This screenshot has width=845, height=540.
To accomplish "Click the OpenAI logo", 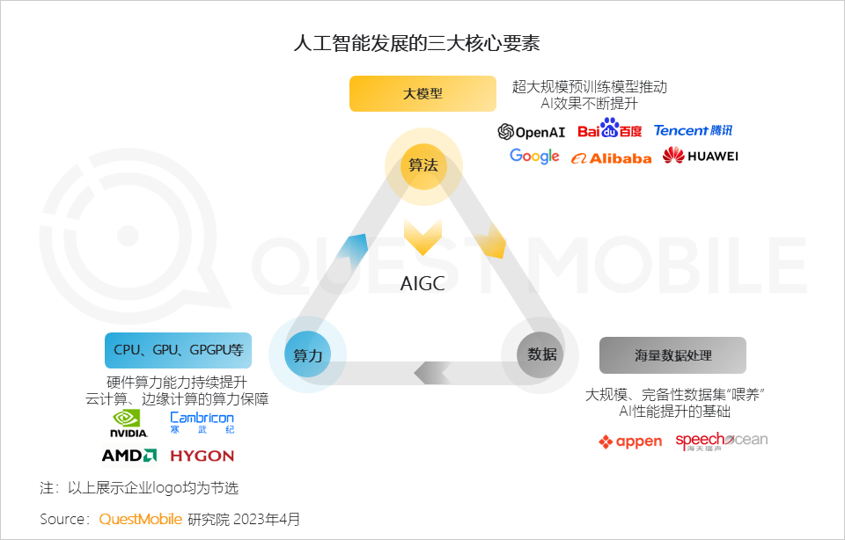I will (531, 132).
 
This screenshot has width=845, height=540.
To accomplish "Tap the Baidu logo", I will (610, 131).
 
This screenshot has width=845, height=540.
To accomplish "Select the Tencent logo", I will (693, 130).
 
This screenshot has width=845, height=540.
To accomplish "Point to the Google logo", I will (534, 157).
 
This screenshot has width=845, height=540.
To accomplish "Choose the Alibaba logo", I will (611, 158).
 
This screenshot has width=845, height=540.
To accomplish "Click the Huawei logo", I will (701, 157).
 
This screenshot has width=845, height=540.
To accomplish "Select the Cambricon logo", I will (202, 422).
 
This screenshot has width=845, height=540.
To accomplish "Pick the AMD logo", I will (129, 456).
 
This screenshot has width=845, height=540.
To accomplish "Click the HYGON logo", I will (202, 456).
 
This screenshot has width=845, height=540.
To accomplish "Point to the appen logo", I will (629, 441).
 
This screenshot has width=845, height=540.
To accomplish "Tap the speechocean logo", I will (721, 441).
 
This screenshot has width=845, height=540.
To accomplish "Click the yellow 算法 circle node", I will (423, 164).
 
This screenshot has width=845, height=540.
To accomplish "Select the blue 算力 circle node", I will (308, 355).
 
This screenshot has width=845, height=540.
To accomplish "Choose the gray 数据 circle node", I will (541, 354).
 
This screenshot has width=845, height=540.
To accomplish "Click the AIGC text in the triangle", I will (422, 283).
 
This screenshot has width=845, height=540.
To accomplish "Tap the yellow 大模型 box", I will (423, 94).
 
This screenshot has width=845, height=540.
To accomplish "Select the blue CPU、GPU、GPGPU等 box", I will (179, 350).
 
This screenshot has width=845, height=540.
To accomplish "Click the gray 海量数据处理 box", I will (672, 355).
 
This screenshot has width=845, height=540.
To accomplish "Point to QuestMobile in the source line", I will (141, 519).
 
